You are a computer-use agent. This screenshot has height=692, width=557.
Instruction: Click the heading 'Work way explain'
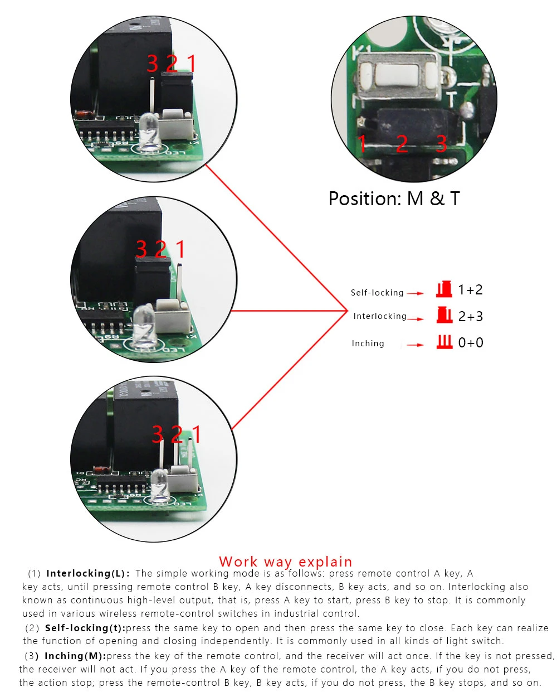coord(285,562)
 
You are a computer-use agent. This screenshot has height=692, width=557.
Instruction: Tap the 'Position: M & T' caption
coord(394,199)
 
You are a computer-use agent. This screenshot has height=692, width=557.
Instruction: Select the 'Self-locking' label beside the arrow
coord(377,293)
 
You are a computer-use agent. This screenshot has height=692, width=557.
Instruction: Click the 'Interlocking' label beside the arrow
coord(379,316)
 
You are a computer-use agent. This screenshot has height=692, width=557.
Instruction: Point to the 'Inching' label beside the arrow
coord(368,343)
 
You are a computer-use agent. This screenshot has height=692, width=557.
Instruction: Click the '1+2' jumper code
coord(470,290)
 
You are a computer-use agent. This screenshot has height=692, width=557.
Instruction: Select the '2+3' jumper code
coord(470,317)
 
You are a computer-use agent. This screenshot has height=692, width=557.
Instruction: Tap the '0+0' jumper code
coord(470,343)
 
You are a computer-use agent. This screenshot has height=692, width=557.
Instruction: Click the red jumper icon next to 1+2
coord(444,289)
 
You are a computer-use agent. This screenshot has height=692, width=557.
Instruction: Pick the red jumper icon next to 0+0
coord(444,342)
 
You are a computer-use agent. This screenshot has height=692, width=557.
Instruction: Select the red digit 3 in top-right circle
coord(441,144)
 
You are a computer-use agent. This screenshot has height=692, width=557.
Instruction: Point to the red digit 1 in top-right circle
coord(362,144)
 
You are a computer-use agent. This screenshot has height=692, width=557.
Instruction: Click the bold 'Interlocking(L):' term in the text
coord(88,573)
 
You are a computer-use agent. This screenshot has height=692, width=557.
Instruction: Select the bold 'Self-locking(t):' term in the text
coord(85,628)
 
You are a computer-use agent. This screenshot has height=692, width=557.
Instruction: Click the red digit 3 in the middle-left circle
coord(141,249)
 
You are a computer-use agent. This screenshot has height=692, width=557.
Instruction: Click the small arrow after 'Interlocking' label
coord(416,318)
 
